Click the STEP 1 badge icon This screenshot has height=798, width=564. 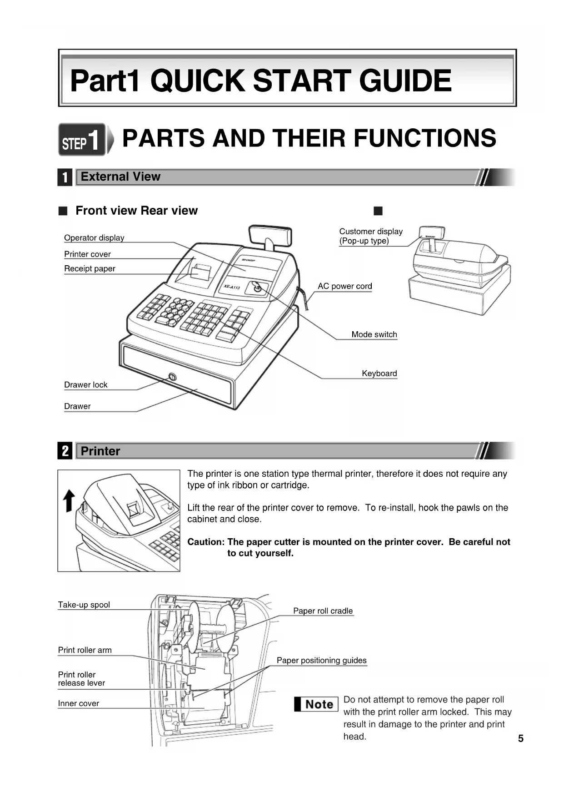tap(82, 140)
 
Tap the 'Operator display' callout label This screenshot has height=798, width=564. tap(94, 238)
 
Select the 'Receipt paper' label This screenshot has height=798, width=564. tap(90, 269)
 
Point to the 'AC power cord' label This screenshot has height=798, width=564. tap(344, 286)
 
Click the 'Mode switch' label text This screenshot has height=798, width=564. tap(374, 334)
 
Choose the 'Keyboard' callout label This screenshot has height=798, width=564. tap(379, 374)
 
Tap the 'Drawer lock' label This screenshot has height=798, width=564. tap(85, 385)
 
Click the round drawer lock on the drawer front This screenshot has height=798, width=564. tap(172, 377)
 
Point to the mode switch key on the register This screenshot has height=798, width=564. tap(256, 288)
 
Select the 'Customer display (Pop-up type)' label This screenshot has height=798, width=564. tap(370, 236)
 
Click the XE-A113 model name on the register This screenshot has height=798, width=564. tap(232, 287)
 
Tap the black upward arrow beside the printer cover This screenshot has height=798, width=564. tap(69, 500)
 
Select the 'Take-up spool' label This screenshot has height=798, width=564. tap(84, 605)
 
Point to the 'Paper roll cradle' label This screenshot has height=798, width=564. tap(323, 611)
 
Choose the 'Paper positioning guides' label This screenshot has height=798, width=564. tap(321, 661)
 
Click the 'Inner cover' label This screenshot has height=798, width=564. tap(78, 704)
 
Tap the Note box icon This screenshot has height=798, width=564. tap(316, 704)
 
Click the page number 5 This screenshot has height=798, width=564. tap(521, 739)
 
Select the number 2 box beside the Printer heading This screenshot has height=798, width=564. tap(65, 451)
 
